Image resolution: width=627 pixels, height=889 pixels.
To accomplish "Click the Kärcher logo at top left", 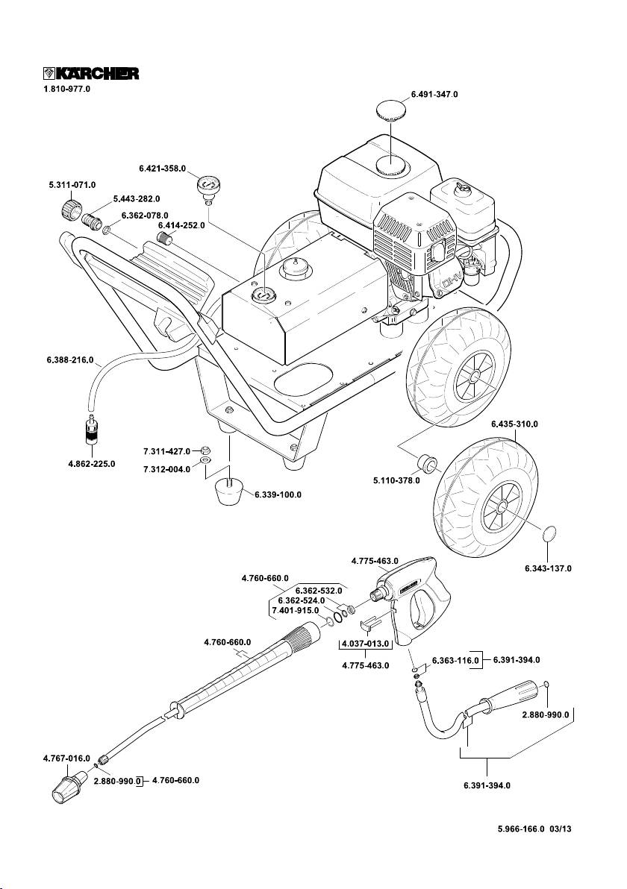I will (90, 73).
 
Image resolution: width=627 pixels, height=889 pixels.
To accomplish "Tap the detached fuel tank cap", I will (393, 112).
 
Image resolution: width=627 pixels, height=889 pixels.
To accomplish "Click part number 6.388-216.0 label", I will (65, 361).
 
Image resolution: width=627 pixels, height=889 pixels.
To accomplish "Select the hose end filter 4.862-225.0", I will (92, 433).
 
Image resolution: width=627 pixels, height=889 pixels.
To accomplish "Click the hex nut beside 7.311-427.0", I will (207, 450).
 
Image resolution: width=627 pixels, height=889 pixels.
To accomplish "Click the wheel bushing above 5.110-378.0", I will (428, 462).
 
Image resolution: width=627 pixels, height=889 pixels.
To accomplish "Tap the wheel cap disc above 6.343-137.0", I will (549, 534).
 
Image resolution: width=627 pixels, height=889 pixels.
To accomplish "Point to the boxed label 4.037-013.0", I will (365, 643).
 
